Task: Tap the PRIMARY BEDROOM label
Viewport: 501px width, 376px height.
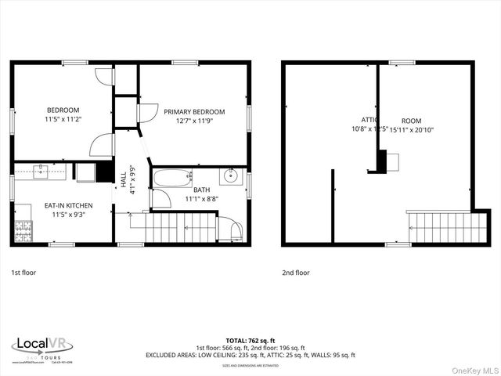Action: [194, 112]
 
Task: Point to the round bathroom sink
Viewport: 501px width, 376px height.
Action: [230, 175]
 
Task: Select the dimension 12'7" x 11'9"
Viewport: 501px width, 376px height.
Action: [194, 121]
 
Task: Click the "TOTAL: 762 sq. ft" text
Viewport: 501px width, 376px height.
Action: [250, 341]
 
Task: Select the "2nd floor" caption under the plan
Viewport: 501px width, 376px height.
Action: [295, 273]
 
